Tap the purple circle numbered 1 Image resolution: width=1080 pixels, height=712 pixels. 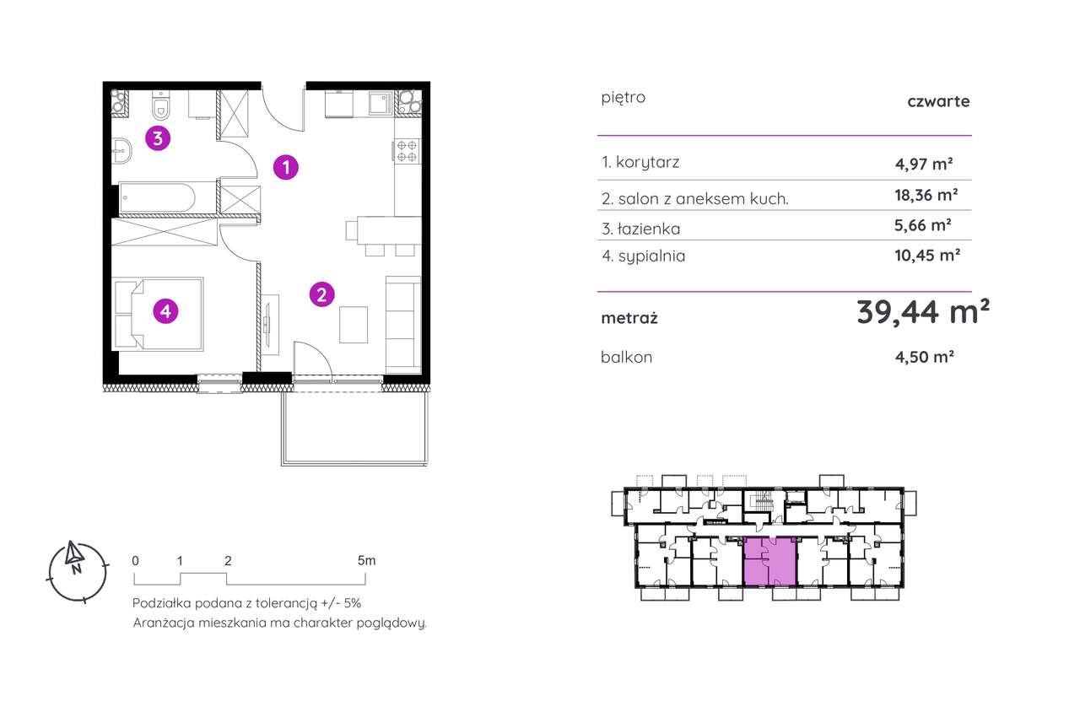point(286,167)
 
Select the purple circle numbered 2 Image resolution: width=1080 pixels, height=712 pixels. point(322,294)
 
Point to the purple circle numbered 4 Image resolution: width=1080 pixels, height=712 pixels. point(165,311)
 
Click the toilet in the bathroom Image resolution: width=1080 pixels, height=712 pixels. point(161,105)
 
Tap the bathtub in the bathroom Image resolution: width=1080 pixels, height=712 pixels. point(158,197)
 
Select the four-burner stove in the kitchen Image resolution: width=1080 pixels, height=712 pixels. point(407,151)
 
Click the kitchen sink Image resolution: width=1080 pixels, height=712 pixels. point(381,104)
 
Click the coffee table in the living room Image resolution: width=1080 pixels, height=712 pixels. point(354,325)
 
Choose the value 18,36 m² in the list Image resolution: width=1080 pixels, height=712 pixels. point(926,195)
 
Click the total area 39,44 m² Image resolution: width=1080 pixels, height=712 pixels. point(923,312)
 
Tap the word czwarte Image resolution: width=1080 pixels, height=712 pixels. point(938,101)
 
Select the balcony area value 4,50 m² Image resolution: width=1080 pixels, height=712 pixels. point(924,357)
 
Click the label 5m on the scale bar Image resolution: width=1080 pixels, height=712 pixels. point(366,561)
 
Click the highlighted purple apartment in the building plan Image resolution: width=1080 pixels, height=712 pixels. point(770,562)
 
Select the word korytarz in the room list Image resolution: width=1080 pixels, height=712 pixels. point(647,163)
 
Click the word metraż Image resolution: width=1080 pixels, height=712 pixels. point(629,318)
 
